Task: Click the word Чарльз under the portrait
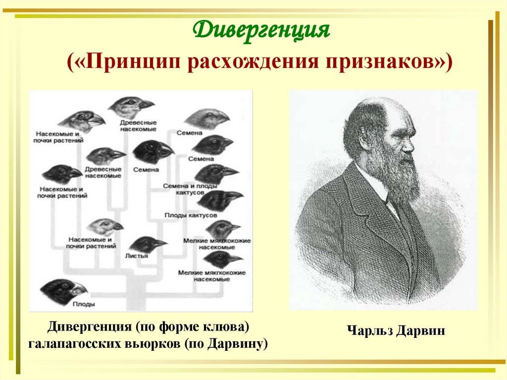point(369,330)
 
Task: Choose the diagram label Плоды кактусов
point(191,216)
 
